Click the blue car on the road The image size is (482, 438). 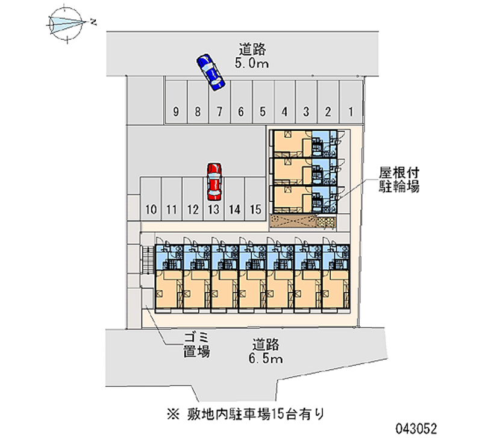pyautogui.click(x=209, y=72)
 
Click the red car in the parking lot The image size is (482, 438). pyautogui.click(x=213, y=181)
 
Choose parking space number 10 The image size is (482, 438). pyautogui.click(x=151, y=199)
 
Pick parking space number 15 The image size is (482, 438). pyautogui.click(x=255, y=199)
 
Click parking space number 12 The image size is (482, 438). pyautogui.click(x=193, y=199)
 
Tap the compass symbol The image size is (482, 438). pyautogui.click(x=67, y=23)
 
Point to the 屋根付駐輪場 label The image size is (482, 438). pyautogui.click(x=399, y=179)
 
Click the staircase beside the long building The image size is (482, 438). pyautogui.click(x=145, y=260)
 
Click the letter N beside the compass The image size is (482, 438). pyautogui.click(x=94, y=22)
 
